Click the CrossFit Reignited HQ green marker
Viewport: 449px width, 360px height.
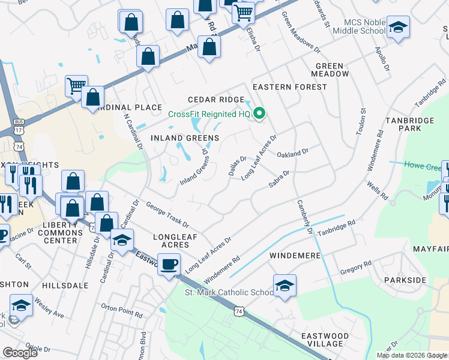(260, 112)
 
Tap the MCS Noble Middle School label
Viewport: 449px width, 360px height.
(358, 26)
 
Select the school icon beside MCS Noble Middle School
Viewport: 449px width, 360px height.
(397, 28)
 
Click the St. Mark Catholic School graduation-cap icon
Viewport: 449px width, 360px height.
(285, 286)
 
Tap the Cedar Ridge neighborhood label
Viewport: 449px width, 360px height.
(215, 100)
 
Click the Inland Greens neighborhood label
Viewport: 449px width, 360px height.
(184, 138)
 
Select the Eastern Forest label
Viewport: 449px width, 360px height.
(290, 87)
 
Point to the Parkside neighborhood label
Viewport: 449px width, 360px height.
(408, 280)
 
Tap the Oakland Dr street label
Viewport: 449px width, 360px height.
(292, 153)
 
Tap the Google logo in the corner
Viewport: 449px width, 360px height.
(20, 353)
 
